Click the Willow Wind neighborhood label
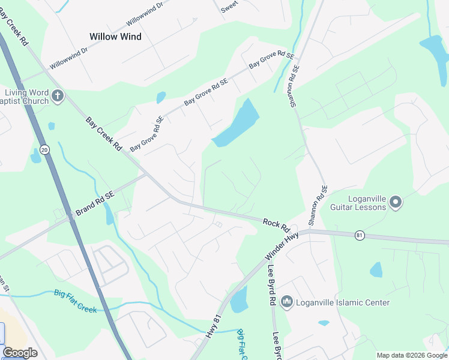tap(115, 37)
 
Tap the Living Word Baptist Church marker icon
tap(58, 96)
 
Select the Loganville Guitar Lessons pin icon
tap(396, 203)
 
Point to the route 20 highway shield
tap(44, 148)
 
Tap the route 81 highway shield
tap(359, 234)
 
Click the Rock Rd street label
tap(276, 226)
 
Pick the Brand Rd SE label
tap(94, 204)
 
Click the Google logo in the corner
tap(20, 353)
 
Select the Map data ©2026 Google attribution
tap(412, 355)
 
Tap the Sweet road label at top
tap(229, 7)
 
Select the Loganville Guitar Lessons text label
tap(358, 203)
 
